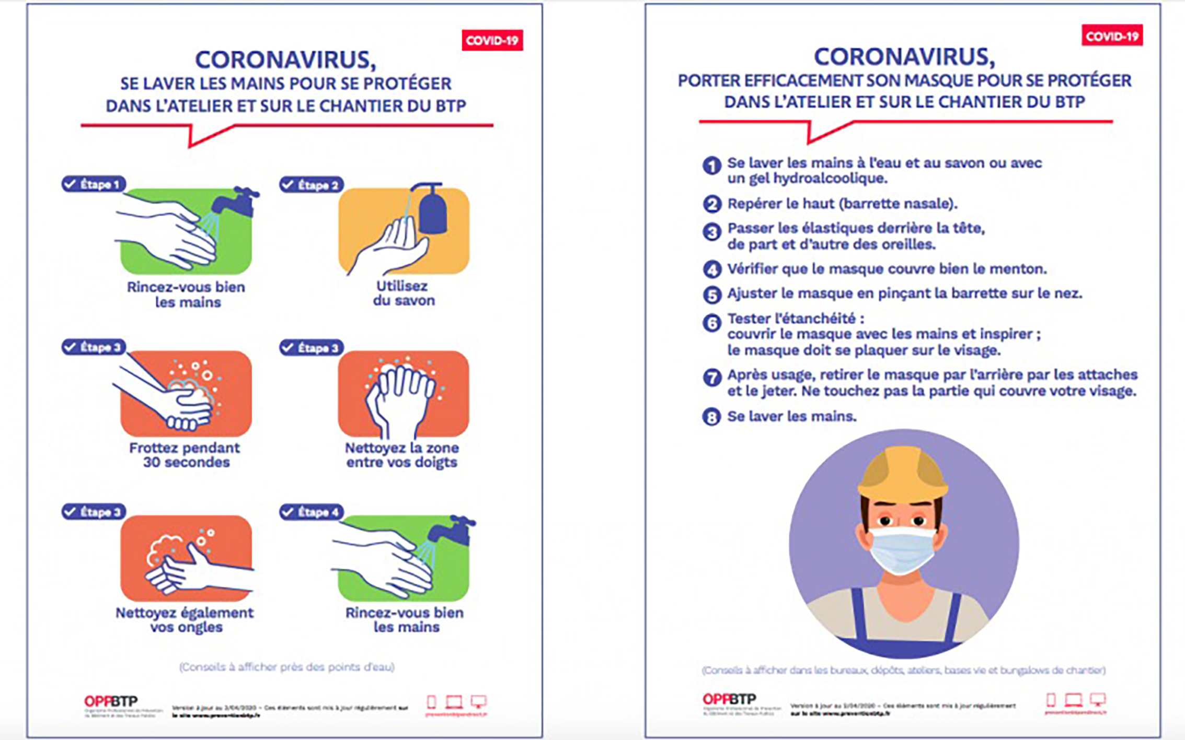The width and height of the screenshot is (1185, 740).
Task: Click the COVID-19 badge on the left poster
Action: (492, 40)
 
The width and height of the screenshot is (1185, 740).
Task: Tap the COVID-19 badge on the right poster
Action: (1112, 36)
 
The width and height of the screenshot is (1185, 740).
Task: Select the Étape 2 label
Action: (312, 185)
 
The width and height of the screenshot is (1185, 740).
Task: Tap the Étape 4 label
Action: (312, 512)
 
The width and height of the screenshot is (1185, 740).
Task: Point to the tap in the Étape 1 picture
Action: (238, 201)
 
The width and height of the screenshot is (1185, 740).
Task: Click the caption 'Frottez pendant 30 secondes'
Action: (185, 455)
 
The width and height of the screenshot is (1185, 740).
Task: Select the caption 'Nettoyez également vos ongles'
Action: (185, 620)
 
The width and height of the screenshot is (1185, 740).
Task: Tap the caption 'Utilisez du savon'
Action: (403, 293)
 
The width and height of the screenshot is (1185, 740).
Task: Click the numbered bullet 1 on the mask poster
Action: (711, 166)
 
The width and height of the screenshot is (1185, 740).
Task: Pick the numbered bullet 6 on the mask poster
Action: (711, 323)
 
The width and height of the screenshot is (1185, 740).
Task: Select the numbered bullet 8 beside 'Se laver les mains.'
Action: (711, 417)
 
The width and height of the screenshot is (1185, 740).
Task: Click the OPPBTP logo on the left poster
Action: (111, 701)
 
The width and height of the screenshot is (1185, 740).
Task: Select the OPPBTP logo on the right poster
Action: (729, 699)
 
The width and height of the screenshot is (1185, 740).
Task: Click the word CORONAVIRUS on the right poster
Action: (904, 57)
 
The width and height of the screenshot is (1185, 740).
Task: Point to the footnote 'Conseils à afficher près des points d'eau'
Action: (286, 667)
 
